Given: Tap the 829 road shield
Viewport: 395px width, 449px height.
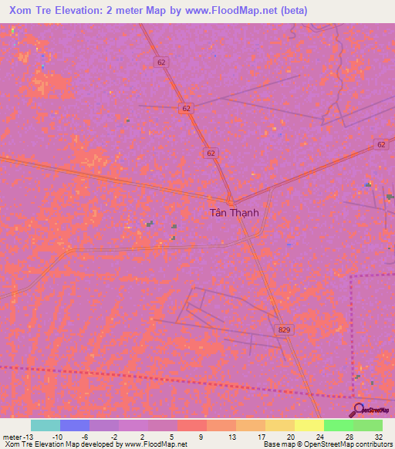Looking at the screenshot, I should click(x=284, y=329).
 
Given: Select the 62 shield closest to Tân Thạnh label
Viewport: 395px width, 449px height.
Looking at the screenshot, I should click(x=211, y=154).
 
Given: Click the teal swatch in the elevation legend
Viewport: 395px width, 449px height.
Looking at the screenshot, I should click(x=46, y=425).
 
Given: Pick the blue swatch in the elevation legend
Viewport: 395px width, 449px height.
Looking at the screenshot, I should click(x=75, y=425).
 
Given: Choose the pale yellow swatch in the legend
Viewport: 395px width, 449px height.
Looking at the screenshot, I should click(x=309, y=425).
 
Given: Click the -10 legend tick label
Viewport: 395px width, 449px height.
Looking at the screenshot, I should click(x=58, y=436).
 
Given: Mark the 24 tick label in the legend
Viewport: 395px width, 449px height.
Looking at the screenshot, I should click(x=318, y=436).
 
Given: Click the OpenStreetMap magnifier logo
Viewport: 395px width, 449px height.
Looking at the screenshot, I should click(x=360, y=410).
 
